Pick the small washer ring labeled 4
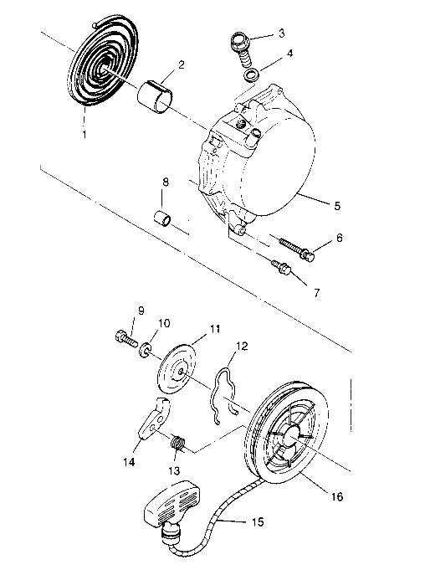tap(251, 74)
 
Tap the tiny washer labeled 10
tap(145, 346)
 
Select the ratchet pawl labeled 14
tap(151, 422)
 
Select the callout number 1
tap(86, 132)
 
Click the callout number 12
tap(241, 346)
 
